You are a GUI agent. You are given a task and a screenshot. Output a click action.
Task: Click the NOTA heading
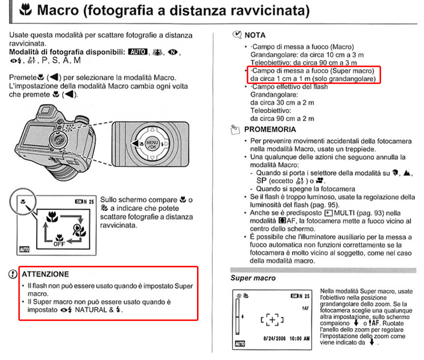coord(255,35)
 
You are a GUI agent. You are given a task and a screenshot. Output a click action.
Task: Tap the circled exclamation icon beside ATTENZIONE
coord(12,274)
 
